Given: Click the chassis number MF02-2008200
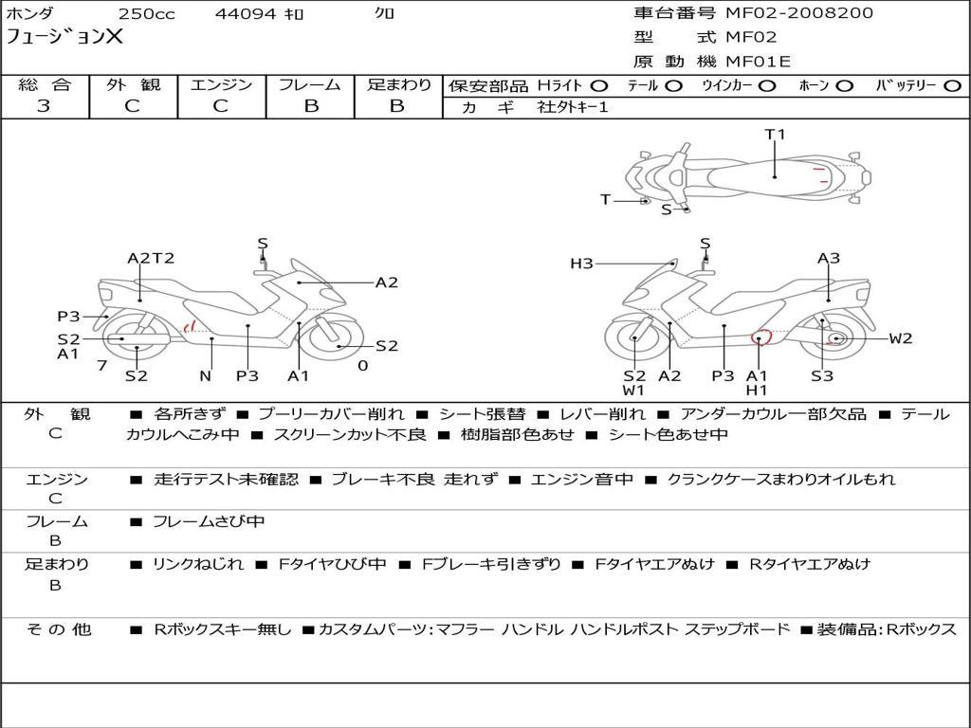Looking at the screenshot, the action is click(x=798, y=13).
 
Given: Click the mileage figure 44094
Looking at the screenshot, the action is click(x=245, y=13).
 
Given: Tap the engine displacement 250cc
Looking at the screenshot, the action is click(x=147, y=13).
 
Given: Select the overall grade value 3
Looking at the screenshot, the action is click(x=44, y=106).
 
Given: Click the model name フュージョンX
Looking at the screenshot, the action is click(x=64, y=37).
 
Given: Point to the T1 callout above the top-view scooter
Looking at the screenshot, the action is click(x=775, y=135).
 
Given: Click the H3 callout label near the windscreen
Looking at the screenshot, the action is click(x=581, y=264).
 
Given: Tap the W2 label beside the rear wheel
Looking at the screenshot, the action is click(x=901, y=338).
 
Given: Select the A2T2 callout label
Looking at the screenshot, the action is click(x=151, y=258).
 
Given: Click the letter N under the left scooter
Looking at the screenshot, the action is click(x=206, y=375).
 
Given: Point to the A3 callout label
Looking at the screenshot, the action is click(x=829, y=258).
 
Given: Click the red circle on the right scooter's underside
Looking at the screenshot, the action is click(x=760, y=337).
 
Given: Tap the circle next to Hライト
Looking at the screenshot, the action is click(x=599, y=86).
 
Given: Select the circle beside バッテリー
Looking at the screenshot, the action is click(x=952, y=86).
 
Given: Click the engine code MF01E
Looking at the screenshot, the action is click(x=758, y=62).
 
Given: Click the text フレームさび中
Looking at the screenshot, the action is click(x=209, y=522).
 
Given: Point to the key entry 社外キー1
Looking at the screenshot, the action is click(x=573, y=107).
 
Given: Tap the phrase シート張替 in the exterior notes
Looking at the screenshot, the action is click(x=482, y=414).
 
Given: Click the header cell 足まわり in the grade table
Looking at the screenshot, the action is click(x=398, y=84).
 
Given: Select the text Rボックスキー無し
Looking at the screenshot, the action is click(x=222, y=629).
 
